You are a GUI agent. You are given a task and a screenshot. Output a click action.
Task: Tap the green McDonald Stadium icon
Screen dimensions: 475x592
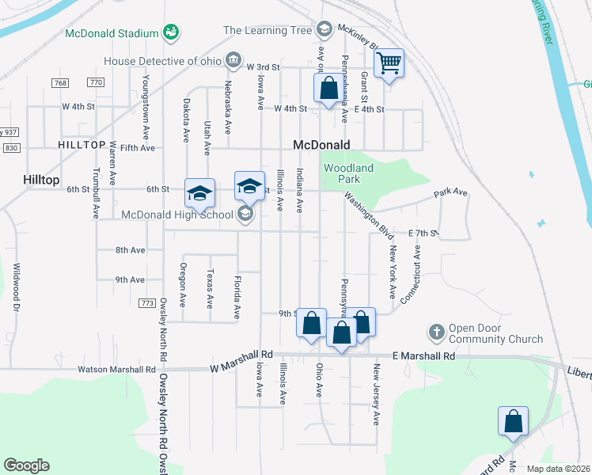[x=170, y=32]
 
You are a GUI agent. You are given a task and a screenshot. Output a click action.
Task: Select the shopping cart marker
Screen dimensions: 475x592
[x=389, y=63]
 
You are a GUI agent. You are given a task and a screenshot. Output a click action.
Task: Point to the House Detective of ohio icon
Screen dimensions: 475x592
[x=233, y=60]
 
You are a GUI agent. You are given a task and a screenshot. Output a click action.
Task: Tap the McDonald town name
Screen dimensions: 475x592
[x=321, y=145]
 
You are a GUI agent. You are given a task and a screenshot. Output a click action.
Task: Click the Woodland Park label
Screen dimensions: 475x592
[x=348, y=173]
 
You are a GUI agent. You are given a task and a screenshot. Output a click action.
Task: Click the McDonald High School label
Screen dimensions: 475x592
[x=177, y=214]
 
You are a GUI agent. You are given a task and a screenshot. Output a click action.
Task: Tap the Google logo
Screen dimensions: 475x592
[x=26, y=465]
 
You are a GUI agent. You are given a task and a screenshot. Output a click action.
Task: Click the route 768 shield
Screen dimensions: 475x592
[x=60, y=83]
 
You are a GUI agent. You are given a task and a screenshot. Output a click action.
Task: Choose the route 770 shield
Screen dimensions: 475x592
[x=96, y=83]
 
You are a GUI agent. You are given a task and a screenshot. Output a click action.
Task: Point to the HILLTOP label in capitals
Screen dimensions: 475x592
[x=82, y=145]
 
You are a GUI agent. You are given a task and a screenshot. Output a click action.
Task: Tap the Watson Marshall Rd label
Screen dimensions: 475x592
[x=116, y=369]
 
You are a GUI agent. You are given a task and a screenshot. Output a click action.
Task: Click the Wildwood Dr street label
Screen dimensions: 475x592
[x=15, y=284]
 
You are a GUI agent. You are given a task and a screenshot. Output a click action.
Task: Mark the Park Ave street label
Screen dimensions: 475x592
[x=450, y=192]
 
